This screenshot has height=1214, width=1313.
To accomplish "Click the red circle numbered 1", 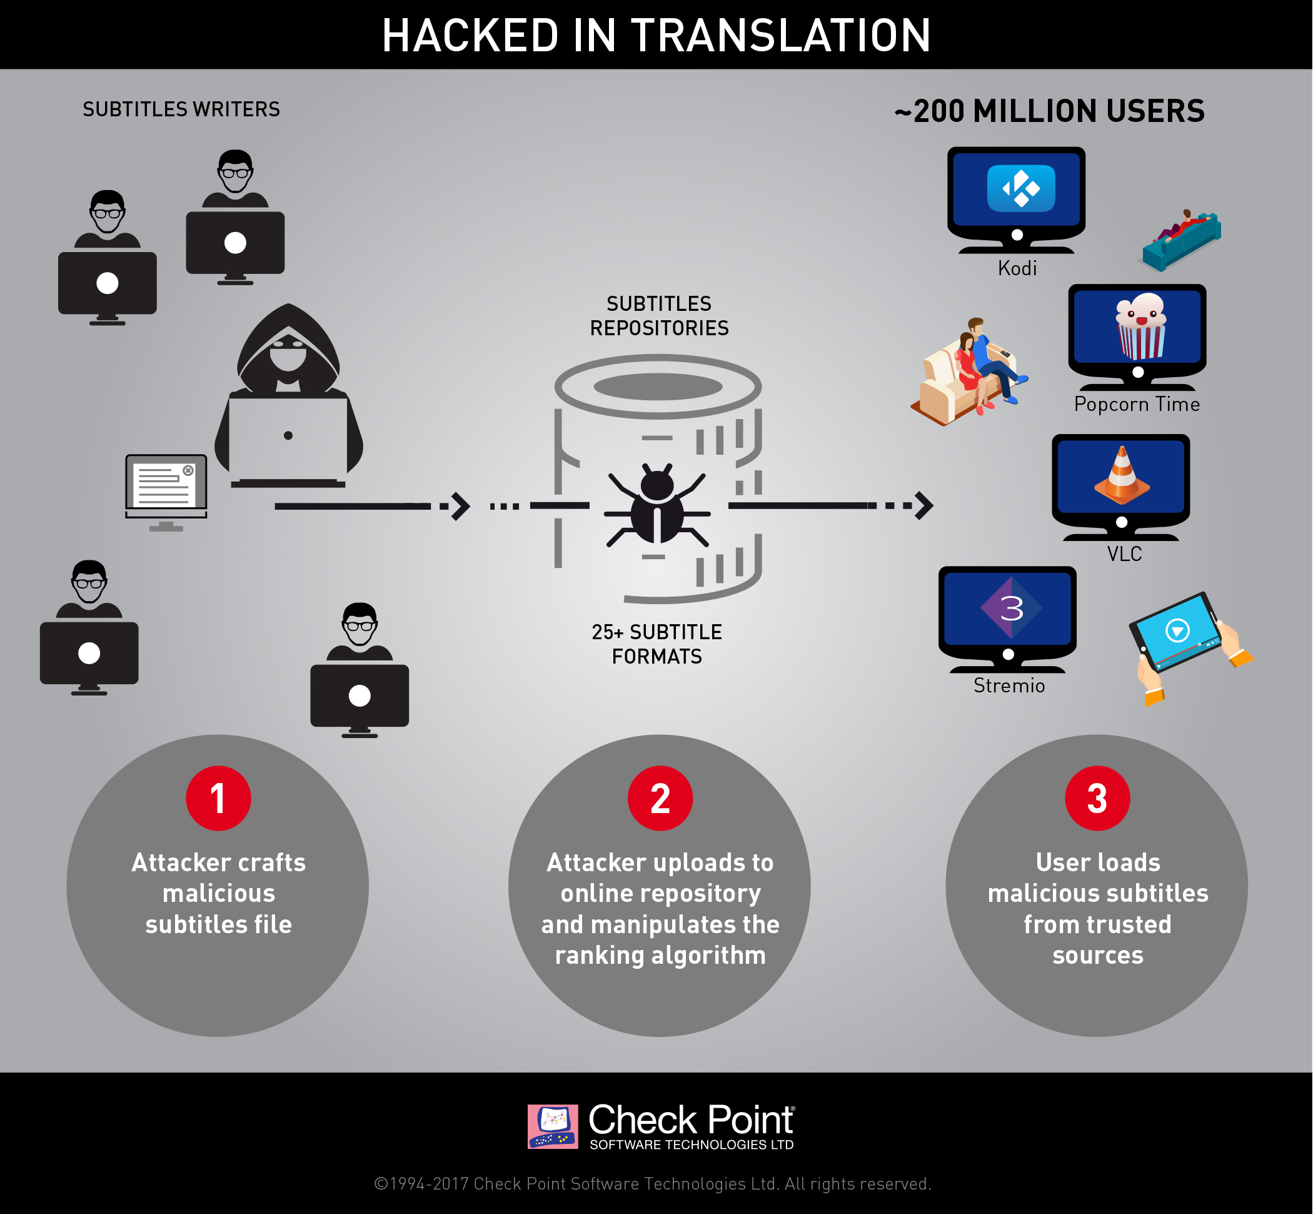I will (x=218, y=798).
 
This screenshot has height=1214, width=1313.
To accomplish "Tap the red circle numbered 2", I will (x=660, y=798).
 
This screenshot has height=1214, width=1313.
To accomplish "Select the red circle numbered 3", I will (x=1097, y=798).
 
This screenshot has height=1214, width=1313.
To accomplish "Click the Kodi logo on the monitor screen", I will (x=1021, y=188).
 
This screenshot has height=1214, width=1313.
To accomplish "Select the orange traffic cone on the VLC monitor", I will (x=1122, y=475).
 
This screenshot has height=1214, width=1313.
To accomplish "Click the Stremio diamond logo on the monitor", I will (x=1012, y=608).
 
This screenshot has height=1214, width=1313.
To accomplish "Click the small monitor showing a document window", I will (x=166, y=487).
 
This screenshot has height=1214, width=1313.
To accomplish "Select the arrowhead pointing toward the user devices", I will (x=925, y=506).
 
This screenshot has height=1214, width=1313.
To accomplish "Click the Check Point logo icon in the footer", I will (x=552, y=1126).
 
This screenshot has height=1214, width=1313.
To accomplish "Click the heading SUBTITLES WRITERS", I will (x=181, y=109).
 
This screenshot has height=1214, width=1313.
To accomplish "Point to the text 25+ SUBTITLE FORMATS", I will (x=657, y=644).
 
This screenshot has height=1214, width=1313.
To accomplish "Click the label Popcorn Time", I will (x=1136, y=404).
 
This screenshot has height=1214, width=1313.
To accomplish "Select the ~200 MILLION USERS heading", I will (x=1049, y=111).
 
